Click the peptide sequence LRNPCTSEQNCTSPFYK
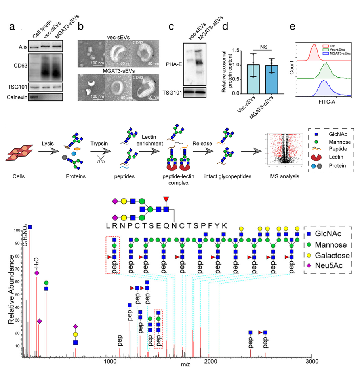tap(166, 225)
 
